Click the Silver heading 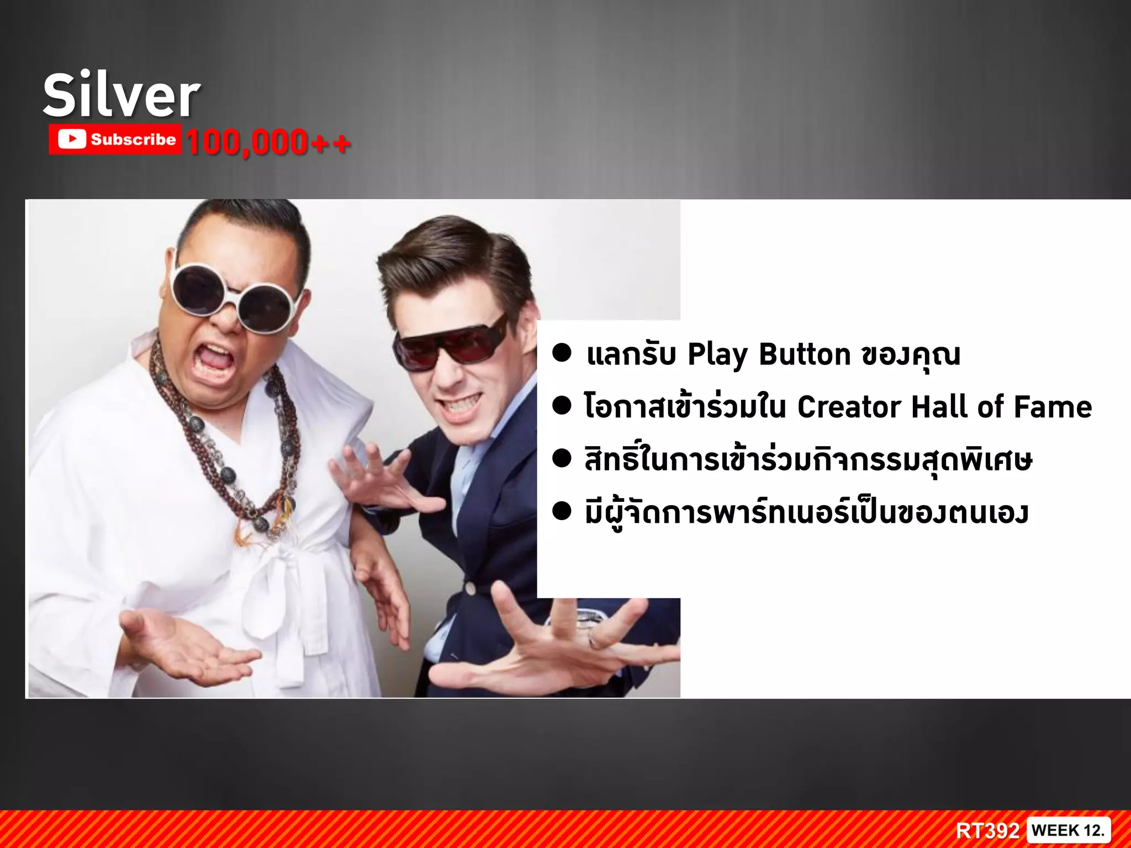pos(121,96)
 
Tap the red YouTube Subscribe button pos(115,139)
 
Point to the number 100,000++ pos(268,142)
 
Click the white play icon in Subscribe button pos(72,139)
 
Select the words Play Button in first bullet pos(769,354)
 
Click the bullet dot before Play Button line pos(562,353)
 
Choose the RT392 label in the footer pos(987,830)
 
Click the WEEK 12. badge pos(1068,830)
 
